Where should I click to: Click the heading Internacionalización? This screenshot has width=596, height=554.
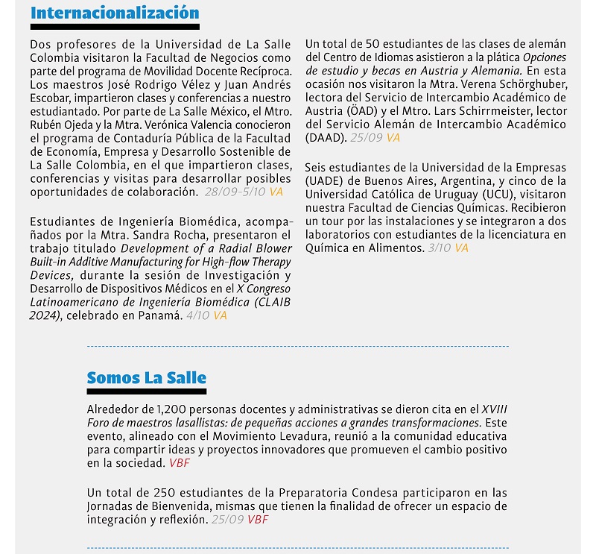pyautogui.click(x=115, y=13)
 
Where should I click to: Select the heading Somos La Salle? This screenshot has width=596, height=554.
pyautogui.click(x=147, y=378)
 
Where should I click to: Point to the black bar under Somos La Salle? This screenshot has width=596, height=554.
pyautogui.click(x=147, y=391)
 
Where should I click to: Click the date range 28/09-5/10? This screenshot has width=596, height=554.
pyautogui.click(x=235, y=192)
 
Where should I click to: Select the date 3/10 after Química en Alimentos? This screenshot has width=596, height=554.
pyautogui.click(x=440, y=248)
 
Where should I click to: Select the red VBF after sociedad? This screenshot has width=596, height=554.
pyautogui.click(x=180, y=463)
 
